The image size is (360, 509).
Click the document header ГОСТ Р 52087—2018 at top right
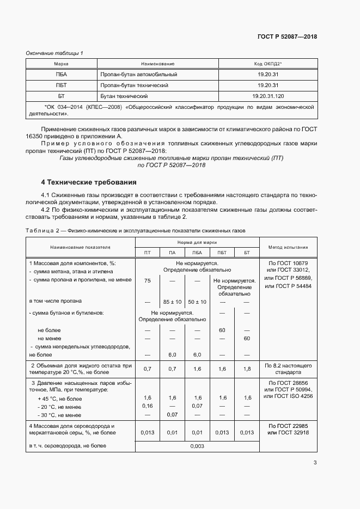click(286, 36)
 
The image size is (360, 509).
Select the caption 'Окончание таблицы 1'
click(54, 53)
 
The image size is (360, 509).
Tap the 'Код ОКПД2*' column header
click(268, 64)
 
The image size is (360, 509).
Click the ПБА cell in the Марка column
click(61, 75)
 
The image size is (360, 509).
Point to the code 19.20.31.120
click(268, 96)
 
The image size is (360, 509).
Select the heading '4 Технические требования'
click(89, 182)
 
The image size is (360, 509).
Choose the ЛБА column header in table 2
click(197, 253)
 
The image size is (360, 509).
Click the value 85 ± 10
click(172, 302)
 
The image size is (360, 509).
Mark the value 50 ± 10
click(197, 302)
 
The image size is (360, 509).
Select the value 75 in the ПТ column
click(147, 281)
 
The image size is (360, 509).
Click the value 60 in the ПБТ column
click(222, 330)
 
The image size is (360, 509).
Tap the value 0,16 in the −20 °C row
click(147, 406)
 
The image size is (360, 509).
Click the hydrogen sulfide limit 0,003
click(197, 446)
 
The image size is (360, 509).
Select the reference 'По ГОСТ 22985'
click(288, 425)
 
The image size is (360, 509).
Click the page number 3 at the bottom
click(315, 463)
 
